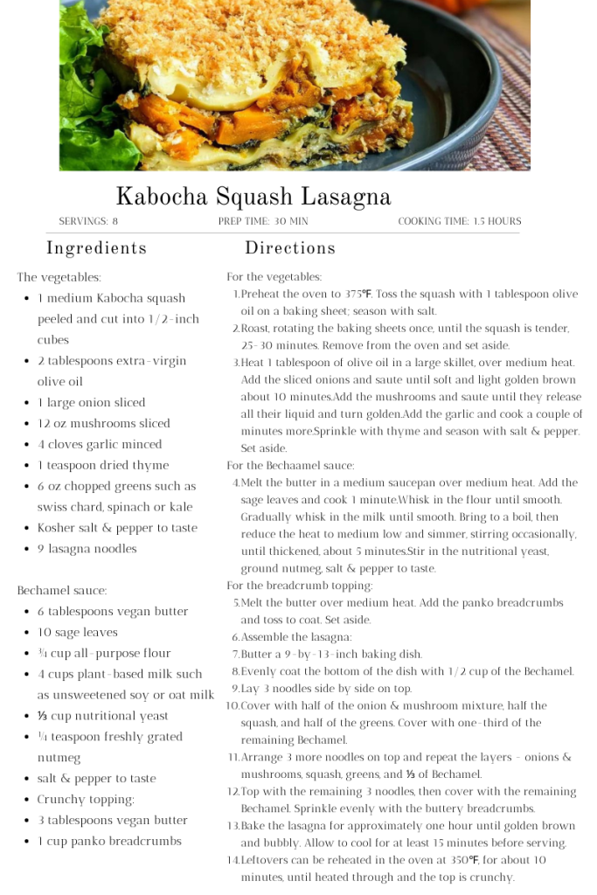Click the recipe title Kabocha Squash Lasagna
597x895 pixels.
[x=253, y=196]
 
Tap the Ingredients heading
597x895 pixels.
[x=96, y=248]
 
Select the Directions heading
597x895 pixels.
[x=290, y=248]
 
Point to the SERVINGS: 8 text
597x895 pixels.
[x=88, y=221]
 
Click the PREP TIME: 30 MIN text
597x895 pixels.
[x=263, y=221]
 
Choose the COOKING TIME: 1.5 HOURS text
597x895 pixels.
[x=459, y=221]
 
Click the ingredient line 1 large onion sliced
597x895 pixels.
[x=91, y=403]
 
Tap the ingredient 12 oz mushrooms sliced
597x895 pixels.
[x=103, y=424]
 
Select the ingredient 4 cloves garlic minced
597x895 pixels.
[x=99, y=445]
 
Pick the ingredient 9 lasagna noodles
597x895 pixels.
[x=87, y=549]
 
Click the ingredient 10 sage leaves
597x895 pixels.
[x=77, y=632]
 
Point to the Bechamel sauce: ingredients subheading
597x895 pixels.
[x=62, y=591]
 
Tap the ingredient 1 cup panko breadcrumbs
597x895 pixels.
[x=109, y=841]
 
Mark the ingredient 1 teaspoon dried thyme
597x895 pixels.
[x=102, y=466]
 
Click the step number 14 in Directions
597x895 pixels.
[x=233, y=861]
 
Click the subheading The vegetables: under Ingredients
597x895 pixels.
[x=59, y=277]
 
